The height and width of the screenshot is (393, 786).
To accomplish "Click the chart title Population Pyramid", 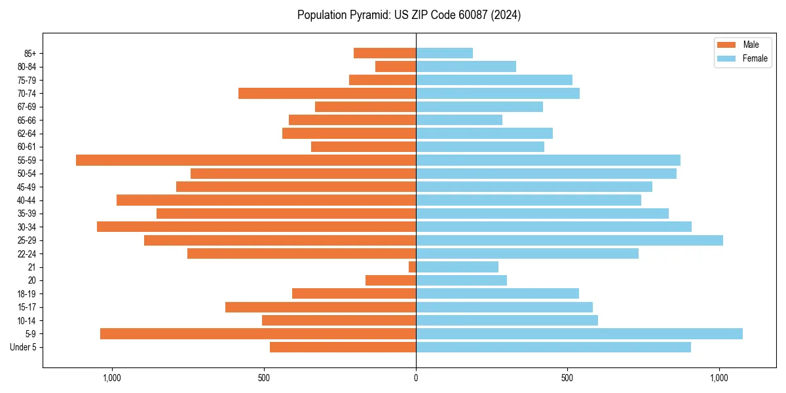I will [x=409, y=15].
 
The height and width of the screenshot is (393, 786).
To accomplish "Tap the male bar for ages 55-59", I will [x=246, y=160].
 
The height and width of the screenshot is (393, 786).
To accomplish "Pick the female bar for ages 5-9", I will [x=579, y=333].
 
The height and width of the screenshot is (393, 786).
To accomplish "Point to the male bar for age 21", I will [x=413, y=267].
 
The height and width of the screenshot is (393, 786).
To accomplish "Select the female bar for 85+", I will [x=444, y=53].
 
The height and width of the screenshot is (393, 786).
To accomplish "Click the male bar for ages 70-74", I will [x=327, y=93].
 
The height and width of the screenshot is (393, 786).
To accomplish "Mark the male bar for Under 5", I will [x=343, y=347].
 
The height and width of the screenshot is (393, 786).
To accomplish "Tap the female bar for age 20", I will [x=461, y=280].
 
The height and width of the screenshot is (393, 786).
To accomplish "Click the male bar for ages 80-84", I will [x=396, y=66].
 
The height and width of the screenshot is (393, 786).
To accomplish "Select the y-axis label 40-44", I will [x=27, y=200].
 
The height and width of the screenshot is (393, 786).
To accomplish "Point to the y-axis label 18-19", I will [x=27, y=294].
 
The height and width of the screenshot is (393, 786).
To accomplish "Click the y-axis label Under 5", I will [x=23, y=347].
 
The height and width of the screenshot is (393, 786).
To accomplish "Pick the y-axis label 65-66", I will [x=27, y=120].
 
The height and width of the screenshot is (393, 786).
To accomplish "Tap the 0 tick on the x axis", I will [x=416, y=378].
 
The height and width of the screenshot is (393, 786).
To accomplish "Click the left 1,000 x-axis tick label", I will [x=112, y=378].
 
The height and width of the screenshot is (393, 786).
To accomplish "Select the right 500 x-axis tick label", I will [x=567, y=378].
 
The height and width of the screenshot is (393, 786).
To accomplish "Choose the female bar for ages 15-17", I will [x=504, y=307].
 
